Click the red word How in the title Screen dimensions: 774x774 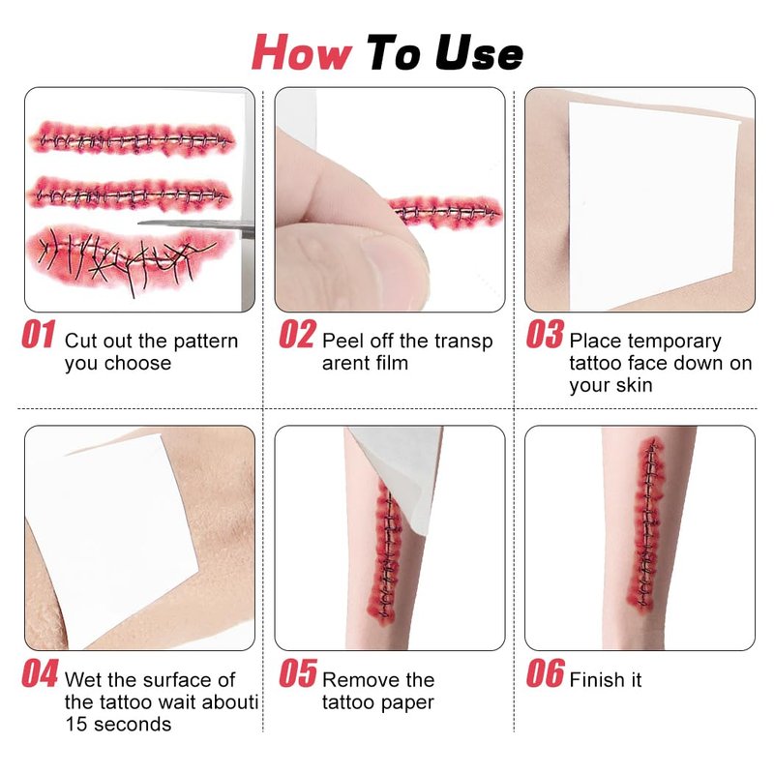[x=302, y=52]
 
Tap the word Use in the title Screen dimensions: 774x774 [x=479, y=52]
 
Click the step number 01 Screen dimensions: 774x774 [x=38, y=334]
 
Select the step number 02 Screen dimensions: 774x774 [x=298, y=334]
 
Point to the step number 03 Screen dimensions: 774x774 [x=545, y=334]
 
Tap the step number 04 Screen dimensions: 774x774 [x=40, y=673]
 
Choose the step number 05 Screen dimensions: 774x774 [x=298, y=673]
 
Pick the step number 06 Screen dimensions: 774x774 [x=545, y=673]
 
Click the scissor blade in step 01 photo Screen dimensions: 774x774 [x=196, y=225]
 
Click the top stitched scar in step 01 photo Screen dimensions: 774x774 [x=133, y=139]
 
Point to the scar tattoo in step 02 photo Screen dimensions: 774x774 [x=444, y=212]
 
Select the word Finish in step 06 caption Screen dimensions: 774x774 [x=598, y=680]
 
